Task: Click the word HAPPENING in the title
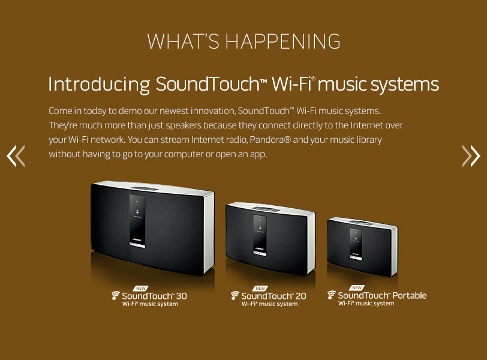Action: click(x=282, y=41)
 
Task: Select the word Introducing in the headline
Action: click(x=99, y=84)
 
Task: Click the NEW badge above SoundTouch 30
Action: click(x=141, y=288)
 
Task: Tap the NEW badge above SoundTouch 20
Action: click(x=260, y=288)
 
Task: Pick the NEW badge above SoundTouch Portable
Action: click(x=356, y=287)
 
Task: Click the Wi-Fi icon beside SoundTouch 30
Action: click(x=116, y=295)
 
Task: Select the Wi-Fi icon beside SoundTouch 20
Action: click(x=235, y=295)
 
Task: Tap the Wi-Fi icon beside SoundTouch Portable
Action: click(x=332, y=295)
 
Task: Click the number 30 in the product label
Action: click(x=182, y=296)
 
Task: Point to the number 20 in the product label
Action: click(x=301, y=296)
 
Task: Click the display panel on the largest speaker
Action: click(x=137, y=221)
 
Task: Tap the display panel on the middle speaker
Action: click(x=260, y=235)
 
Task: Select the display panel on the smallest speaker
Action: click(x=356, y=244)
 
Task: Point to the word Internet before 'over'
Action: click(x=367, y=125)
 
